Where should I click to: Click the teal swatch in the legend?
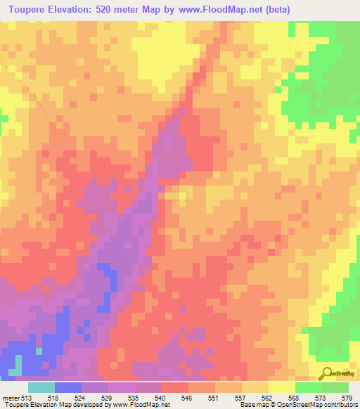[x=41, y=388]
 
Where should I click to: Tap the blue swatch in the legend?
[x=68, y=388]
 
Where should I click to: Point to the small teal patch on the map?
[x=17, y=363]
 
